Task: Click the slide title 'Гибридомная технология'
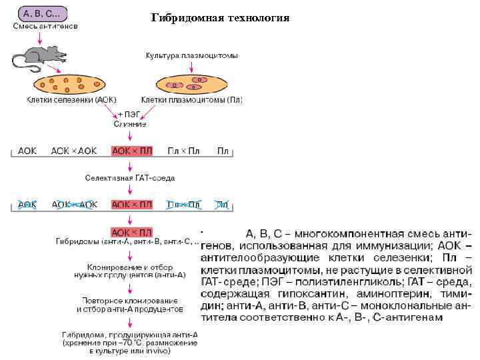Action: pos(220,17)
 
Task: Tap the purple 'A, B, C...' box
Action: pos(45,13)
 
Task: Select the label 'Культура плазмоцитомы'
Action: pos(191,55)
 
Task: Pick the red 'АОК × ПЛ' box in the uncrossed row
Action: pos(132,151)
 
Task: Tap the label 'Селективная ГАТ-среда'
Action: pos(129,178)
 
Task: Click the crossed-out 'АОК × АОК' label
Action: pos(74,205)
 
